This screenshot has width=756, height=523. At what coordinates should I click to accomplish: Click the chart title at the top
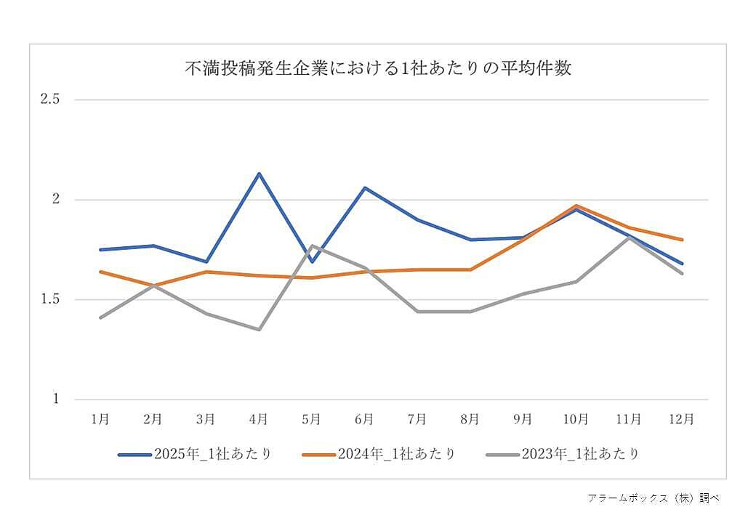coord(377,69)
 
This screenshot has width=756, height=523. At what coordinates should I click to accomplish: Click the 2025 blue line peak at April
coord(259,174)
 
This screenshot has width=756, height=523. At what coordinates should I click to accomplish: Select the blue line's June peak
coord(364,187)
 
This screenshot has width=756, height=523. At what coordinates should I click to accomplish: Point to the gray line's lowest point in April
coord(259,329)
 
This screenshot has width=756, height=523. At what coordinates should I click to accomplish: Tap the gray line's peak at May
coord(312,246)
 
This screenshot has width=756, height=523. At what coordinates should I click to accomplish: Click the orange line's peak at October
coord(576,206)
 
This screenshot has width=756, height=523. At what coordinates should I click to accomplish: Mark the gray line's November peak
coord(629,238)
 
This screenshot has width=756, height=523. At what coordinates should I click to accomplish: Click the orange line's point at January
coord(100,272)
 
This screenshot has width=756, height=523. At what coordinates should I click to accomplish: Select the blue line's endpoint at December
coord(682,264)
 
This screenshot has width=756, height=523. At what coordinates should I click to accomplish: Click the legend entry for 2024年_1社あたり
coord(379,454)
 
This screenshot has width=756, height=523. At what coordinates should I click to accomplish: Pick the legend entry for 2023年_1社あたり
coord(563,454)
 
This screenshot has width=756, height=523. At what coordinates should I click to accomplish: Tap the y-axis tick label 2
coord(55,200)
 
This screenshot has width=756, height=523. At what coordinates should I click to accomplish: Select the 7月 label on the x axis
coord(417,419)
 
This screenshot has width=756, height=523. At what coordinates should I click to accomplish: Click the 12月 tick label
coord(681,419)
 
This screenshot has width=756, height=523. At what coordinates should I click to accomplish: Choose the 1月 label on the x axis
coord(100,419)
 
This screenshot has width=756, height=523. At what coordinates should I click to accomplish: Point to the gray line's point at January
coord(100,317)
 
